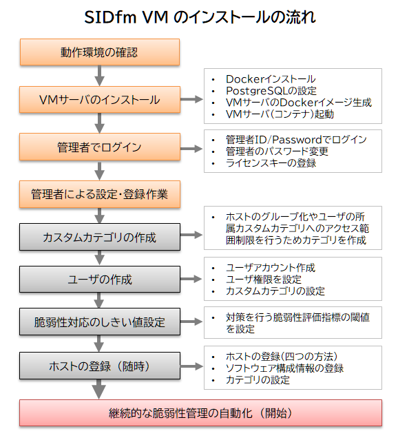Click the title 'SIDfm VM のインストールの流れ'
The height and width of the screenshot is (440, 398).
coord(200,17)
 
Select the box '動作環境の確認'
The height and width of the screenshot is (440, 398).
coord(100,52)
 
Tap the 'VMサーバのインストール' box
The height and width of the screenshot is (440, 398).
coord(100,100)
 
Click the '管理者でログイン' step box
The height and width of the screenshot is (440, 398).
coord(100,147)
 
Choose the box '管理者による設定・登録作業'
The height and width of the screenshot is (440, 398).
coord(100,194)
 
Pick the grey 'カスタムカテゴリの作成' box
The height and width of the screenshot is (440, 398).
coord(100,237)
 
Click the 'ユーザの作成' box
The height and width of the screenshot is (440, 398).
coord(100,279)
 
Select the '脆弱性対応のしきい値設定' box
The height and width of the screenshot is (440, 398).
coord(100,322)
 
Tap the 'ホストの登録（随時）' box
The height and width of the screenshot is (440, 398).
coord(100,366)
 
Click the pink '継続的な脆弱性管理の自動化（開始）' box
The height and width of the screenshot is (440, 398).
coord(200,413)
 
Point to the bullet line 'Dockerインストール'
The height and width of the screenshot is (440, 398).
coord(271,79)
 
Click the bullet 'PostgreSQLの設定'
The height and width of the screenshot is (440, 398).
coord(271,91)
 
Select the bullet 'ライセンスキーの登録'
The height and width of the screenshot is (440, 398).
coord(271,163)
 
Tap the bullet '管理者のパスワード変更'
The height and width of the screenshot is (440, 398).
coord(277,151)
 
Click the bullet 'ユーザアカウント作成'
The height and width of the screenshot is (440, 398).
coord(271,268)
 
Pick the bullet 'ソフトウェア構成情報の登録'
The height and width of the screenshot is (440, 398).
coord(284,368)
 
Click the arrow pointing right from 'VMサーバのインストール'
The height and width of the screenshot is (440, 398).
coord(191,99)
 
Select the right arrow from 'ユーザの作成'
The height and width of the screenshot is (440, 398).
coord(191,279)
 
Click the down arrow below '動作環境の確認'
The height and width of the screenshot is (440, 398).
coord(99,76)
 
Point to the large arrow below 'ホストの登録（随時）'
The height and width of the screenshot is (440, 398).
coord(98,389)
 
